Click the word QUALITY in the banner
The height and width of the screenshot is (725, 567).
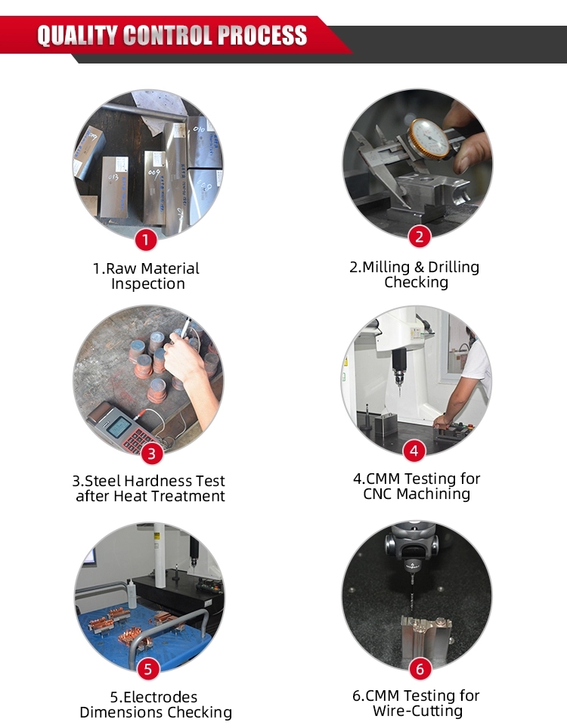[x=77, y=35]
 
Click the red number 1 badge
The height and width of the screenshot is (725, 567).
[x=146, y=240]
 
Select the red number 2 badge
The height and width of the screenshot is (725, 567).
[x=420, y=237]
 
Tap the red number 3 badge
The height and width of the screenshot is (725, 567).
[x=152, y=454]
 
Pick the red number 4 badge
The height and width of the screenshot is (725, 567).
[x=414, y=451]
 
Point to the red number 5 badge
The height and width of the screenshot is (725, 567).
[x=148, y=669]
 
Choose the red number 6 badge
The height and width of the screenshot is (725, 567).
[x=420, y=668]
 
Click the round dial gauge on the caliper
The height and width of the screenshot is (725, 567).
[x=429, y=138]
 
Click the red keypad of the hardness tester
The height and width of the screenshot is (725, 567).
[x=138, y=440]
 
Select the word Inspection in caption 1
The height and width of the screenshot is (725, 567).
[x=148, y=283]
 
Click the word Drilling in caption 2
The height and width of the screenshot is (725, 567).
[x=454, y=268]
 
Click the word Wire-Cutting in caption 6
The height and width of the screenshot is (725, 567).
[x=417, y=711]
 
